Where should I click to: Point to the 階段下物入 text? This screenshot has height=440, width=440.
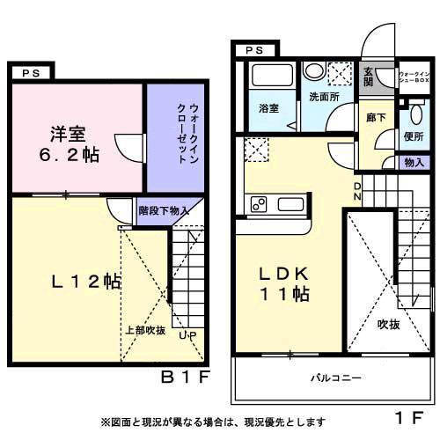[x=165, y=212]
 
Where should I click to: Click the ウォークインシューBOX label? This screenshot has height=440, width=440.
[x=414, y=76]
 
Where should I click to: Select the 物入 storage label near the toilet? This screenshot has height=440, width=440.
[x=414, y=163]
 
